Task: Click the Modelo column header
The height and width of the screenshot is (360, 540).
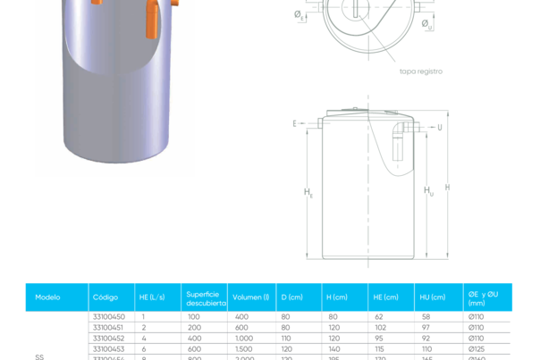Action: tap(47, 297)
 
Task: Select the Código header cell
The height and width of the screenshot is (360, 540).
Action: tap(105, 297)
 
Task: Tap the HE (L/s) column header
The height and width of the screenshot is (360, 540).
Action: tap(150, 297)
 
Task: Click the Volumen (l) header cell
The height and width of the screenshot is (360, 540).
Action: tap(250, 297)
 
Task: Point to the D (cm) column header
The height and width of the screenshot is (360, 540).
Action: tap(292, 297)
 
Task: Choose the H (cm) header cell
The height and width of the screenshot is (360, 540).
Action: tap(337, 297)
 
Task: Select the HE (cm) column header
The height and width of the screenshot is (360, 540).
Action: tap(385, 297)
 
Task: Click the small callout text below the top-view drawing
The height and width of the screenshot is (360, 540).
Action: tap(420, 71)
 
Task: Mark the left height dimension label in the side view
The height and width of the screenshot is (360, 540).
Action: tap(308, 192)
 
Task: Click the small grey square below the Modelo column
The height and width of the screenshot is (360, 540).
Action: tap(39, 356)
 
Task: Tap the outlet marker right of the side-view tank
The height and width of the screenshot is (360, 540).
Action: tap(440, 126)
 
